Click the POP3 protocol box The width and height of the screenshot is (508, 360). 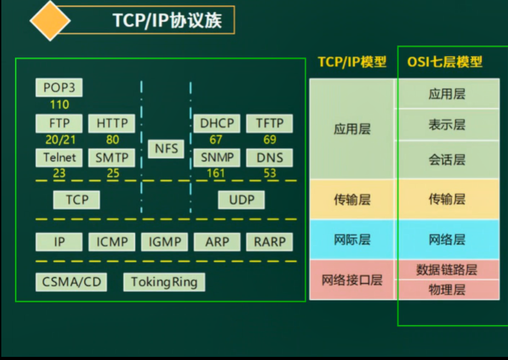[59, 88]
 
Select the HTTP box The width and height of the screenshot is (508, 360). [112, 123]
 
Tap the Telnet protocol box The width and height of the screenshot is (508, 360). [59, 158]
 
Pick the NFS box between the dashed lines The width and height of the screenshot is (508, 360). [166, 149]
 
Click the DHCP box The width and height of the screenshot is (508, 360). [216, 123]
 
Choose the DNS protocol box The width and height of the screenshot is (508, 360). [270, 158]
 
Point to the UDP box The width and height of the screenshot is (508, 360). [242, 200]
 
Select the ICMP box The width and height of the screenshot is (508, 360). [112, 242]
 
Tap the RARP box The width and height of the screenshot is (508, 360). [270, 242]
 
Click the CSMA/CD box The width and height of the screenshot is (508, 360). [72, 282]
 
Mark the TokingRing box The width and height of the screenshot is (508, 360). [164, 282]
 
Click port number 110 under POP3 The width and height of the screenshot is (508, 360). [59, 105]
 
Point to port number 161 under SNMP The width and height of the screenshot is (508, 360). [216, 173]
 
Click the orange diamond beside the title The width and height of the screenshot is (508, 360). [50, 21]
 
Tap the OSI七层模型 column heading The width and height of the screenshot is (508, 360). [444, 62]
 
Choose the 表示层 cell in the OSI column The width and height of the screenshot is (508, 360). [447, 125]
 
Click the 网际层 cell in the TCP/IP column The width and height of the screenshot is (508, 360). [352, 240]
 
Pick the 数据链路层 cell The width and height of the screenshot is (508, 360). [447, 270]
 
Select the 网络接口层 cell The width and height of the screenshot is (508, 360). [352, 280]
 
